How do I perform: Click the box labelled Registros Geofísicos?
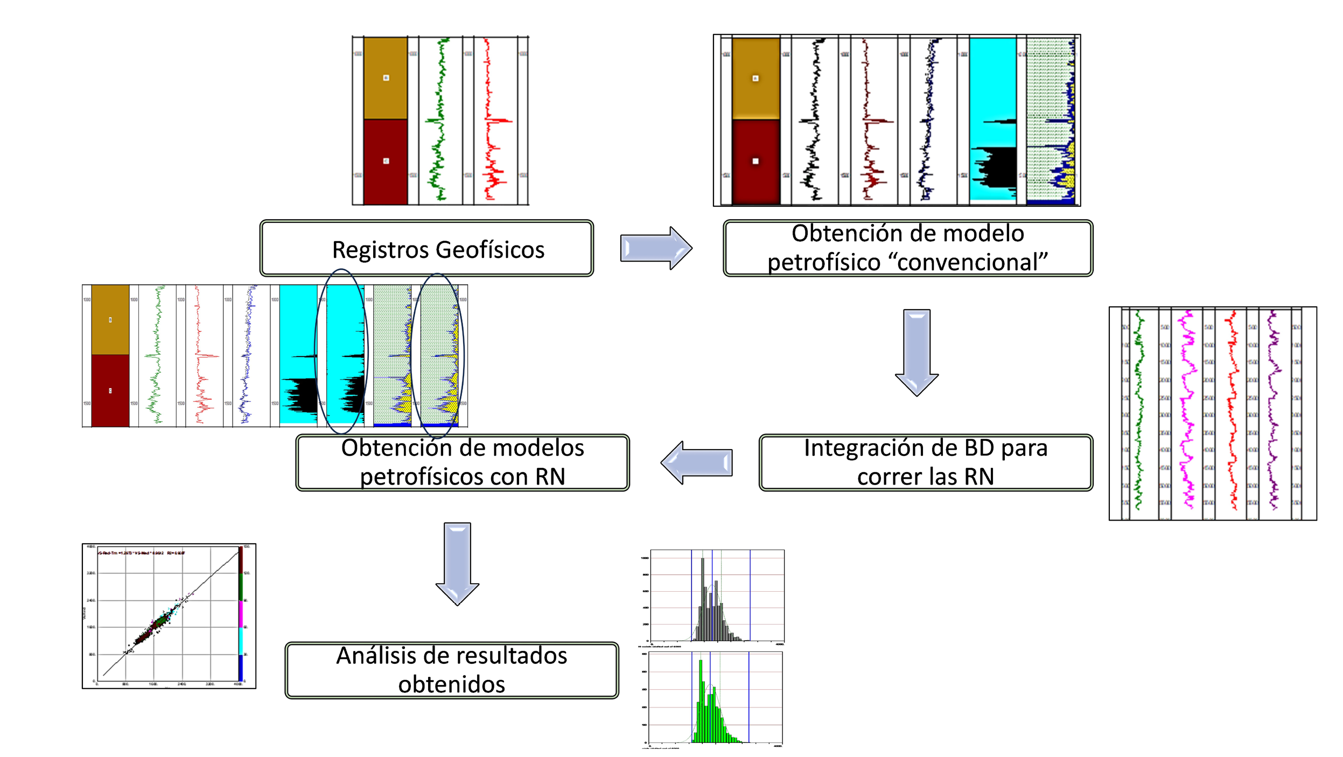pyautogui.click(x=426, y=248)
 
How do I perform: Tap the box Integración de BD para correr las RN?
pyautogui.click(x=926, y=462)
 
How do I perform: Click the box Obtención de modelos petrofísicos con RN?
pyautogui.click(x=463, y=462)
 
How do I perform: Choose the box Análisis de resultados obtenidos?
pyautogui.click(x=452, y=670)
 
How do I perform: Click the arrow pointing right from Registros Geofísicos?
pyautogui.click(x=655, y=248)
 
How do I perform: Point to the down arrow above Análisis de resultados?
pyautogui.click(x=457, y=563)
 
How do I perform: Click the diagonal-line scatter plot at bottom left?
pyautogui.click(x=169, y=616)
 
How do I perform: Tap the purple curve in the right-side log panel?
pyautogui.click(x=1273, y=409)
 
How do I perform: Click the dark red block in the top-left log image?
pyautogui.click(x=386, y=162)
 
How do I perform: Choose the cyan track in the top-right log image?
pyautogui.click(x=992, y=81)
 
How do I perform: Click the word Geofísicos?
pyautogui.click(x=490, y=250)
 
